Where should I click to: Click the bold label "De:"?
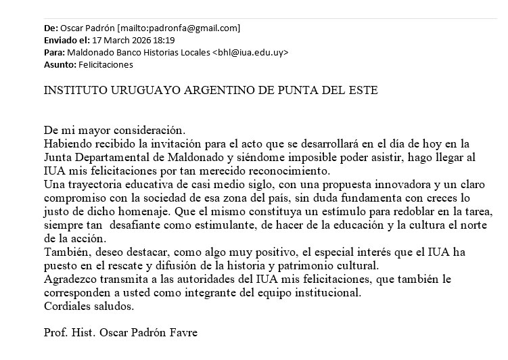pyautogui.click(x=51, y=28)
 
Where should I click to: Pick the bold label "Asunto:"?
pyautogui.click(x=60, y=65)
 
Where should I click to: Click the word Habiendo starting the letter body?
pyautogui.click(x=67, y=143)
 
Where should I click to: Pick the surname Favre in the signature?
pyautogui.click(x=183, y=333)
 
